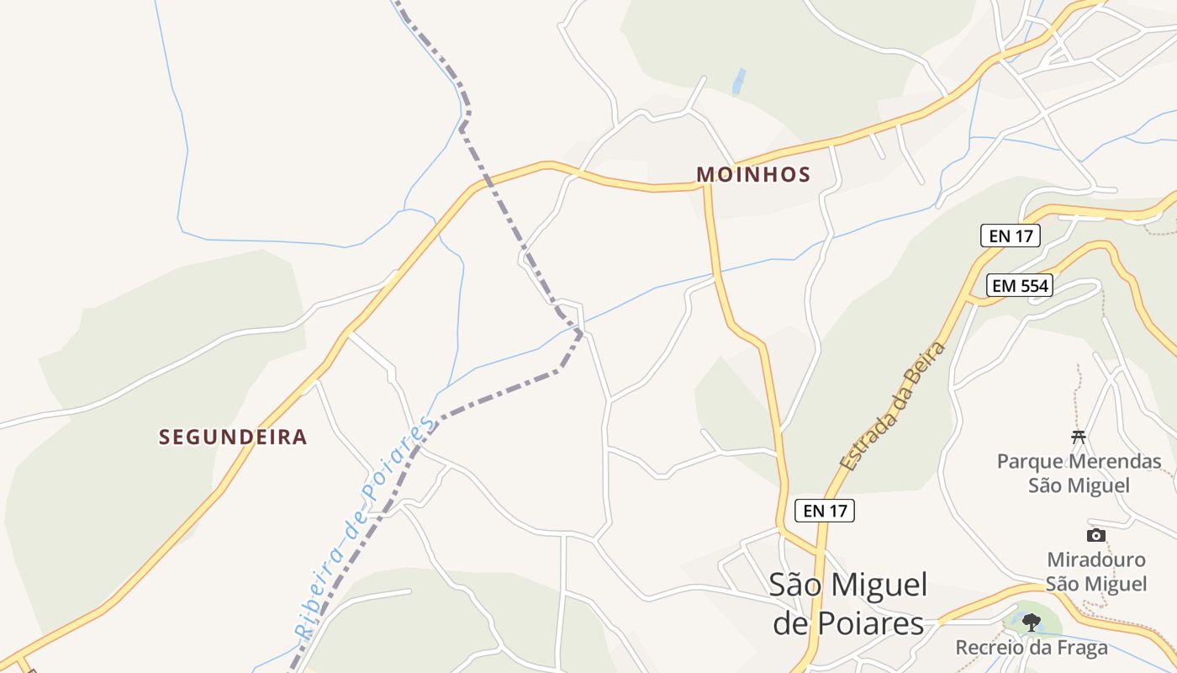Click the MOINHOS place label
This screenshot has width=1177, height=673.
[753, 175]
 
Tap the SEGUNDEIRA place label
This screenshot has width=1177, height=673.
[233, 437]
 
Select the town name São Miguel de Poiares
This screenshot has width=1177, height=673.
[848, 604]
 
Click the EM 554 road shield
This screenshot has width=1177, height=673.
[1020, 286]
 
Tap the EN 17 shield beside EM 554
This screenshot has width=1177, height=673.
[1011, 236]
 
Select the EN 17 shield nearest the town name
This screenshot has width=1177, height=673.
[825, 511]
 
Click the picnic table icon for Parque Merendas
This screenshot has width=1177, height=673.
[1079, 436]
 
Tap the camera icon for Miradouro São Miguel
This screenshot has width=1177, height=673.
[1095, 535]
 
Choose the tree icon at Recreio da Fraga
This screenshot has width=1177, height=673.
[1032, 623]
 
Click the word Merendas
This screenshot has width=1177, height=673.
[1116, 462]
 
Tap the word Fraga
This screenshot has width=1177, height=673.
[1078, 648]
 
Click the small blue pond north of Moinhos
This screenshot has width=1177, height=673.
[739, 82]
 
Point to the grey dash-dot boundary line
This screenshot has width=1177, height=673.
[504, 210]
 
